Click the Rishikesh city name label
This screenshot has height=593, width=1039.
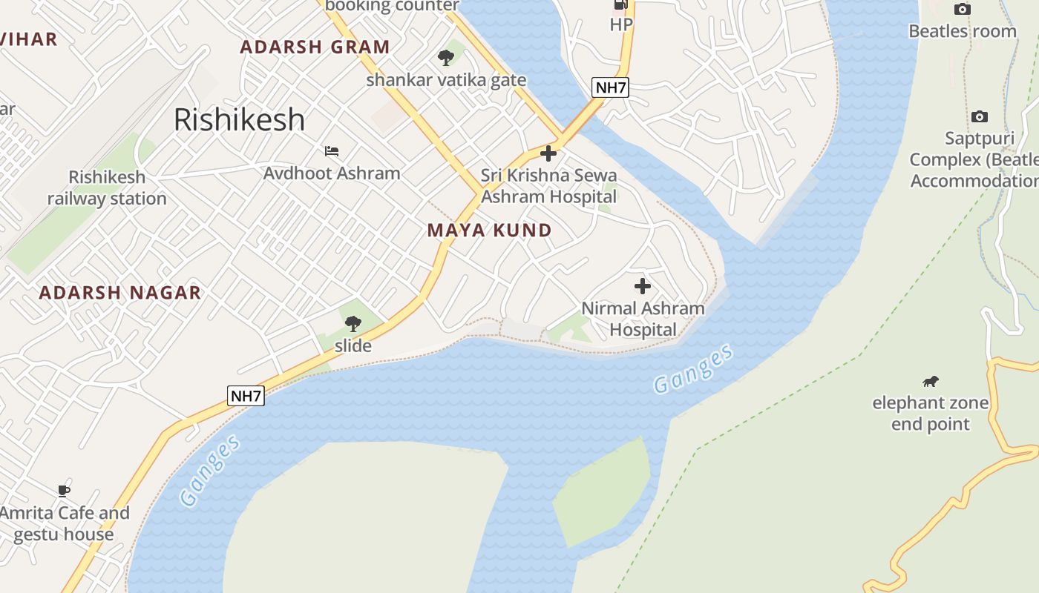tap(239, 119)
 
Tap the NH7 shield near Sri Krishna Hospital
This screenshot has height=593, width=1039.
tap(611, 87)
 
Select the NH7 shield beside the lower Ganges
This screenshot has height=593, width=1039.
tap(246, 396)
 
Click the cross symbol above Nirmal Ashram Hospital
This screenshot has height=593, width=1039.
tap(643, 286)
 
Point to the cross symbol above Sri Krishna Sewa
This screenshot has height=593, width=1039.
tap(548, 153)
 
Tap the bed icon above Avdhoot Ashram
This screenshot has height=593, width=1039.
tap(332, 151)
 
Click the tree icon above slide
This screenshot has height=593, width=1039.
tap(353, 323)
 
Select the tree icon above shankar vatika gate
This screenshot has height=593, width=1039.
tap(445, 57)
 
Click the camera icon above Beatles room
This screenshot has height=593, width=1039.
tap(963, 9)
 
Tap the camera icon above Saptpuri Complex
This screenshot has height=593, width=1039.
tap(980, 116)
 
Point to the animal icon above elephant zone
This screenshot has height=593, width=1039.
tap(930, 382)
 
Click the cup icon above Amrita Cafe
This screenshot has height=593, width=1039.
tap(64, 491)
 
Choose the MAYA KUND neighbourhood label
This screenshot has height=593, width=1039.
tap(490, 231)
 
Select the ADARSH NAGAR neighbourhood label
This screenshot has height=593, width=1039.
tap(120, 293)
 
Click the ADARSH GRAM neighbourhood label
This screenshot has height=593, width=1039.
tap(315, 47)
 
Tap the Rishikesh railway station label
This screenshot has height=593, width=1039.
tap(107, 188)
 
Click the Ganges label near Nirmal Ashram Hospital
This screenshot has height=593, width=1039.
tap(693, 368)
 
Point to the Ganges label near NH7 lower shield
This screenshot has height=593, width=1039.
tap(211, 471)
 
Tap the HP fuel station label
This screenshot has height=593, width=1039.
tap(621, 24)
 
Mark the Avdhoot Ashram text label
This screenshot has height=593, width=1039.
tap(332, 173)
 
